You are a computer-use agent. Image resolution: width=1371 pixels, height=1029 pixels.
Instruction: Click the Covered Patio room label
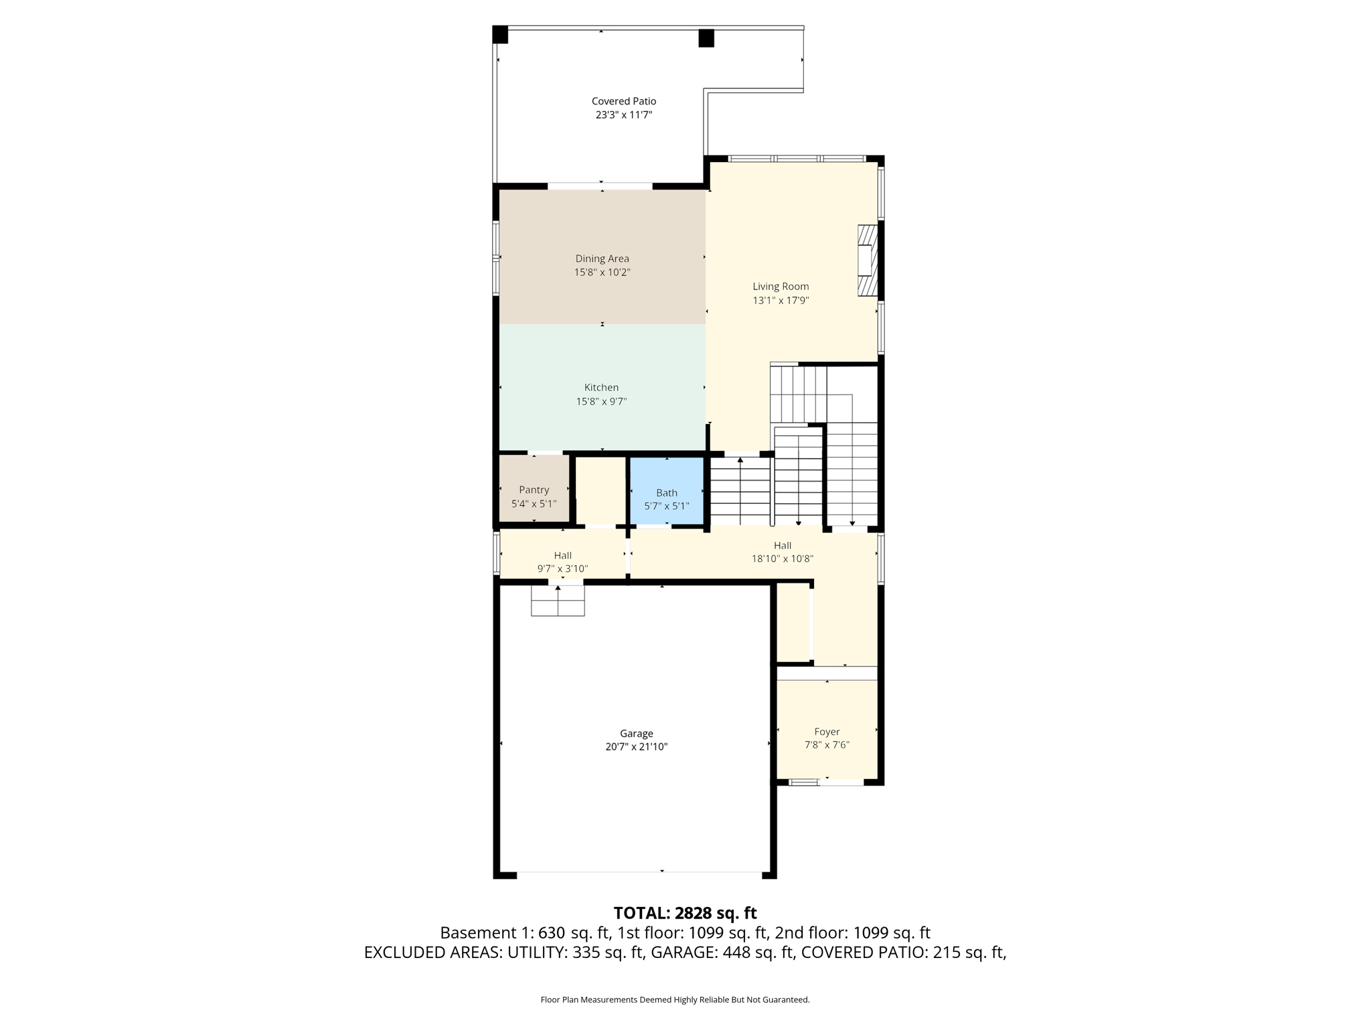pyautogui.click(x=623, y=101)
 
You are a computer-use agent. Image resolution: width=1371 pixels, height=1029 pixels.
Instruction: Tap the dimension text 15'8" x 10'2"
pyautogui.click(x=602, y=273)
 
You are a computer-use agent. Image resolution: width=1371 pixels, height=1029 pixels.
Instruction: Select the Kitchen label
pyautogui.click(x=601, y=387)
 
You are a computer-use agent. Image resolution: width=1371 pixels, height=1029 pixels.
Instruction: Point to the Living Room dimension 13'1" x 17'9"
pyautogui.click(x=781, y=301)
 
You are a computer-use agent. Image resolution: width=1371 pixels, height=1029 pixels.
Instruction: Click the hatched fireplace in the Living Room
pyautogui.click(x=867, y=261)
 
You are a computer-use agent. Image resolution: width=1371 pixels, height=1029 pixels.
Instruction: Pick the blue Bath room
pyautogui.click(x=667, y=491)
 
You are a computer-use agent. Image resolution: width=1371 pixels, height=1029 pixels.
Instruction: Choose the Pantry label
pyautogui.click(x=534, y=490)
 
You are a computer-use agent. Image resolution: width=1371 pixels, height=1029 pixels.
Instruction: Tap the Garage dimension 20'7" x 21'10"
pyautogui.click(x=636, y=747)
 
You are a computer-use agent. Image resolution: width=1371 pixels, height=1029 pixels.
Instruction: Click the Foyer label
pyautogui.click(x=827, y=732)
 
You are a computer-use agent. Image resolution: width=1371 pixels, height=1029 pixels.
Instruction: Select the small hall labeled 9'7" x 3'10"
pyautogui.click(x=562, y=561)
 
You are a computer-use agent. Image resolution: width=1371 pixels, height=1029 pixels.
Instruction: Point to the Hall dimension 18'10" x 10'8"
pyautogui.click(x=782, y=559)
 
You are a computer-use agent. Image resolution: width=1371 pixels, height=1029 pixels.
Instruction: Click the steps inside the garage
pyautogui.click(x=558, y=602)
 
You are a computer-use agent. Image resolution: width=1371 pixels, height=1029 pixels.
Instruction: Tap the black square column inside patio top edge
pyautogui.click(x=706, y=38)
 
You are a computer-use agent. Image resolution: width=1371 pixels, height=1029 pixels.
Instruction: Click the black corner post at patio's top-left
pyautogui.click(x=500, y=34)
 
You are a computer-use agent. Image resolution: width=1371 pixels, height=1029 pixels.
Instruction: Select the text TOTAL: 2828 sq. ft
pyautogui.click(x=685, y=913)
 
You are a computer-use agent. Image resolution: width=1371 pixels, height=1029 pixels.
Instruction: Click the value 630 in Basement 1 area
pyautogui.click(x=552, y=933)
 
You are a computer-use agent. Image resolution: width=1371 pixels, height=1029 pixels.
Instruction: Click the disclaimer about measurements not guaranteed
pyautogui.click(x=675, y=1000)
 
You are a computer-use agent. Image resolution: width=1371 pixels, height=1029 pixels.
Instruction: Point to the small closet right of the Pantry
pyautogui.click(x=600, y=490)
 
